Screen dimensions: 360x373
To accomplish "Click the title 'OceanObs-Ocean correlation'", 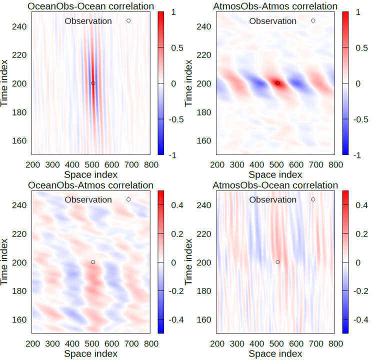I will coord(90,6).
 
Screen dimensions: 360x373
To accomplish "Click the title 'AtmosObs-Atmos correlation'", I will coord(275,6).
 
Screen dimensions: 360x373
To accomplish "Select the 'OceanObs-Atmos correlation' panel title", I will coord(90,185).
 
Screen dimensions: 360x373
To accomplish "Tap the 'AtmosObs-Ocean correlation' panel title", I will coord(275,185).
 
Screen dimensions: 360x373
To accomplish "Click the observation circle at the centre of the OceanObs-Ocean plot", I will coord(93,83).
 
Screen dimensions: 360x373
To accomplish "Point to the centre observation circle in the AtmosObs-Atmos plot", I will coord(277,83).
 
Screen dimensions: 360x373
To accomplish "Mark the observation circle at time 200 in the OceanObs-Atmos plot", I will coord(93,262).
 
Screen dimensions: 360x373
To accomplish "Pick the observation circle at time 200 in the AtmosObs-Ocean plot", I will coord(277,262).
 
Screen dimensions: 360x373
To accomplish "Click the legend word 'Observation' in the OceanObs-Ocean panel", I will coord(88,21).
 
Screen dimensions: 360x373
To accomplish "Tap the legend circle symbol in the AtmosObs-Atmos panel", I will coord(313,20).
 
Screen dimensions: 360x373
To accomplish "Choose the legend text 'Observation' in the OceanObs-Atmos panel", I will coord(88,199).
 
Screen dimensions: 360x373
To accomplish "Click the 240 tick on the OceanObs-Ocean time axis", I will coord(19,26).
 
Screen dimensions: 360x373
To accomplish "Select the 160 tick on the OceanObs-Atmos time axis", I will coord(19,319).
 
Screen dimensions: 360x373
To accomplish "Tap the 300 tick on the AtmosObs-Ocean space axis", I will coord(237,343).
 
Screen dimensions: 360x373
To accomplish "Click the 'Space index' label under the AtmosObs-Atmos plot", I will coord(275,174).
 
